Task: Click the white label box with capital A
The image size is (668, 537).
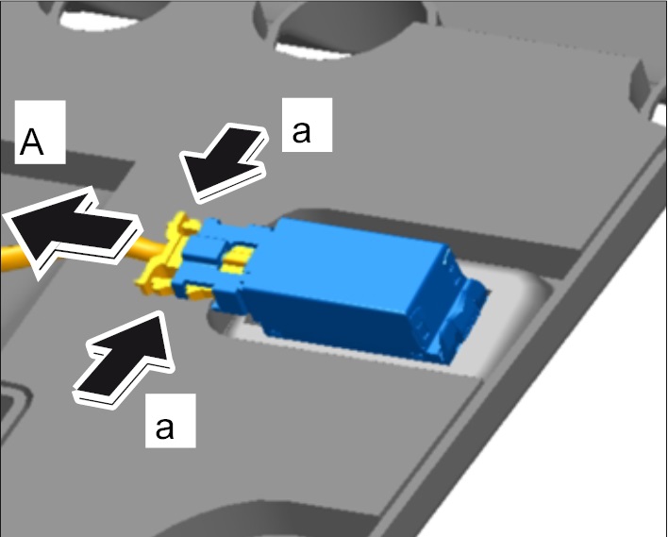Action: click(40, 132)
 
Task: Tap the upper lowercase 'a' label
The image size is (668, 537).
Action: click(307, 125)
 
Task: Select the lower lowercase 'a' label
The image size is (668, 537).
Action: click(171, 421)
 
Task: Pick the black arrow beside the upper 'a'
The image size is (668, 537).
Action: click(224, 162)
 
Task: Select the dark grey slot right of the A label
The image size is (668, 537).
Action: click(68, 164)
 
